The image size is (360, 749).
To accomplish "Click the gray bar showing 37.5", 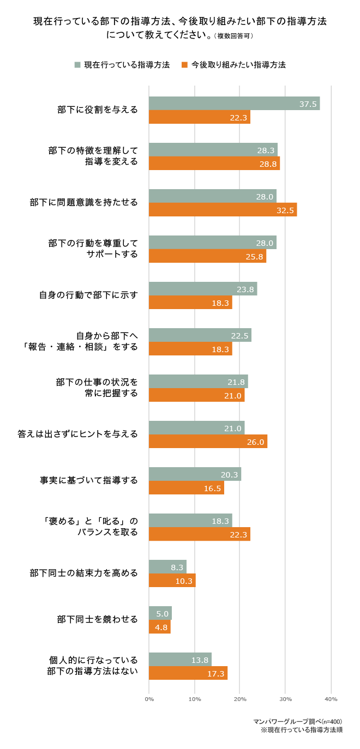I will click(x=234, y=104).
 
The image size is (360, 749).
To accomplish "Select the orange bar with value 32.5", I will click(x=223, y=210).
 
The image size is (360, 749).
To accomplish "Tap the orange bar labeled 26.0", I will click(x=208, y=442).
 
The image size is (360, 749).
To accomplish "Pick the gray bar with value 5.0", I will click(x=160, y=613).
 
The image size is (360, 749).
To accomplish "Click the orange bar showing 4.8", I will click(x=159, y=627).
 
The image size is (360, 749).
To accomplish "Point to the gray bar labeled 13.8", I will click(x=180, y=660).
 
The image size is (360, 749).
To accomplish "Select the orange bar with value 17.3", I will click(x=188, y=673).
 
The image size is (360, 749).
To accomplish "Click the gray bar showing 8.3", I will click(x=167, y=567).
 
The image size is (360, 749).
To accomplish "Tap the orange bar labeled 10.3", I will click(x=172, y=581).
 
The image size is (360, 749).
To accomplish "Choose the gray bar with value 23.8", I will click(x=202, y=289).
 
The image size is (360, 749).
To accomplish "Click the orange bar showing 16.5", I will click(x=186, y=488).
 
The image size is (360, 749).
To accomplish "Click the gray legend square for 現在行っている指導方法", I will click(x=77, y=65).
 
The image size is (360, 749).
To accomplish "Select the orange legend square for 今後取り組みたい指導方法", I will click(x=185, y=65).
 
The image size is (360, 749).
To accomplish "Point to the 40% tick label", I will click(x=331, y=699).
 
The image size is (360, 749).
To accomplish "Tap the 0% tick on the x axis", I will click(x=149, y=699).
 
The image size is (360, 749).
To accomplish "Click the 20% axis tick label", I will click(x=240, y=699).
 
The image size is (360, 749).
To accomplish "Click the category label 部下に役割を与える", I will click(x=98, y=110).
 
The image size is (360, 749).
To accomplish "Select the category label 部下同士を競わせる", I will click(x=98, y=619).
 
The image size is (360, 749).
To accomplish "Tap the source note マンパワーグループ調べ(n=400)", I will click(x=298, y=721).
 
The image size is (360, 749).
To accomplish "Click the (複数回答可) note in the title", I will click(x=235, y=37).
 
